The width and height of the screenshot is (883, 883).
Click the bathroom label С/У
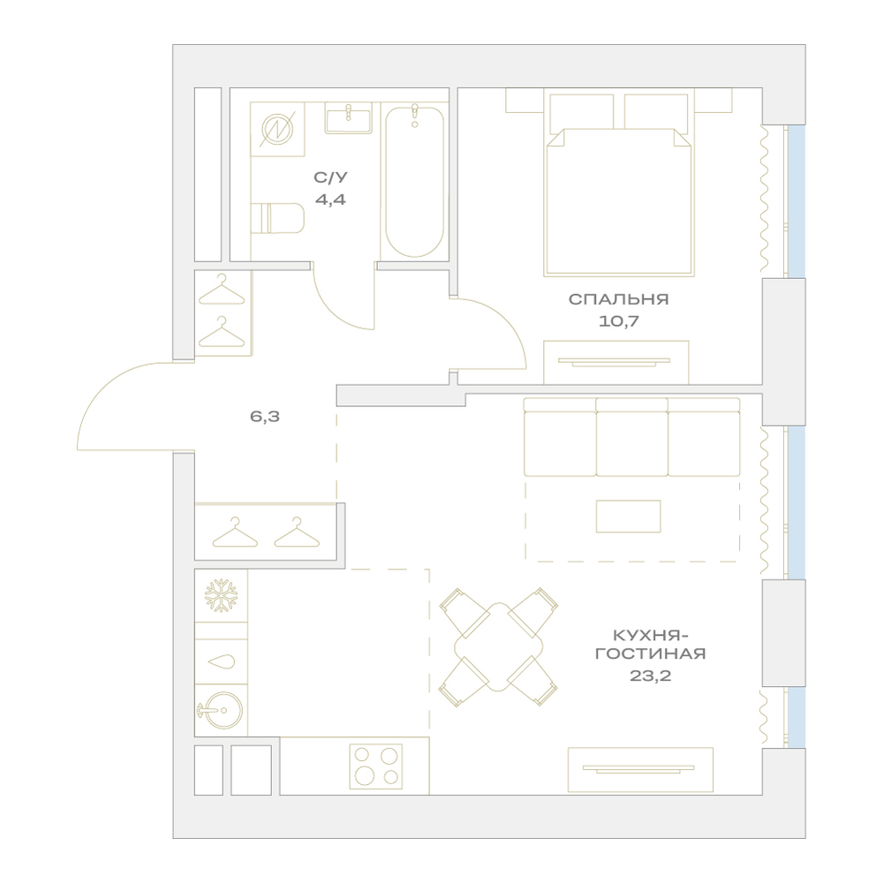(x=330, y=177)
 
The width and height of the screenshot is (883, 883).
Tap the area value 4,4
(x=330, y=200)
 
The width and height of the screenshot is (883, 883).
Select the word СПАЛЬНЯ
(x=618, y=299)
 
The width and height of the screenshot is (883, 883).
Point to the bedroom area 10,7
(x=618, y=321)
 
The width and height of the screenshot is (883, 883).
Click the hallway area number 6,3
(x=265, y=417)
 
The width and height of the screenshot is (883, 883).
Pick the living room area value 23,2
(x=651, y=675)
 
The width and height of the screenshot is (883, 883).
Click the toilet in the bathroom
(x=277, y=218)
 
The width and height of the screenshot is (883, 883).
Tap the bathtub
(x=414, y=181)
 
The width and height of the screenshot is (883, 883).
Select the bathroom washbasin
(x=349, y=118)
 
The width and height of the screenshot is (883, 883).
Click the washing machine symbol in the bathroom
(x=277, y=129)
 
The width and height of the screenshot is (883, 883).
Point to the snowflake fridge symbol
(x=221, y=595)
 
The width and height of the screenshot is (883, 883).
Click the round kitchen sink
(x=220, y=710)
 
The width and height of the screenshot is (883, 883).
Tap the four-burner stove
(x=375, y=766)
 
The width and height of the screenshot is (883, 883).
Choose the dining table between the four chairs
(x=499, y=647)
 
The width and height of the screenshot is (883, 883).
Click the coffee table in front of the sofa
(x=629, y=516)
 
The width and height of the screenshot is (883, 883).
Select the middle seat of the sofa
(x=632, y=443)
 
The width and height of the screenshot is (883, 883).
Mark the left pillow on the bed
(x=582, y=111)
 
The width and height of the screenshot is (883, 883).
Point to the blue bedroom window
(x=796, y=201)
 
